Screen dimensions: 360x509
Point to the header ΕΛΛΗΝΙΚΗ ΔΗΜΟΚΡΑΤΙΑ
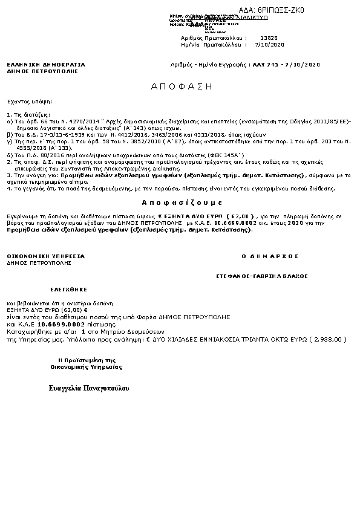(x=46, y=64)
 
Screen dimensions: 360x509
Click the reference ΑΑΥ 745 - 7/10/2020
(x=286, y=64)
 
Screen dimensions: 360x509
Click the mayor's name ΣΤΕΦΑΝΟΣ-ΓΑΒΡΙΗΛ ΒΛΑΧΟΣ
(x=262, y=276)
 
